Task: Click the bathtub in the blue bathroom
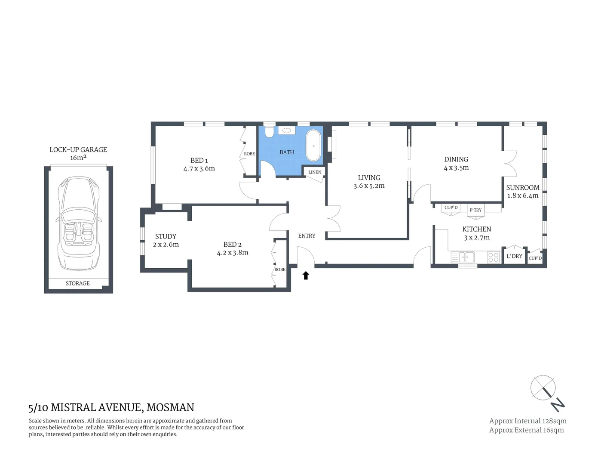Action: pyautogui.click(x=313, y=146)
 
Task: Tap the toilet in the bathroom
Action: pyautogui.click(x=270, y=132)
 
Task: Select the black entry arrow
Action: pyautogui.click(x=306, y=276)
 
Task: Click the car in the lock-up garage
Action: pyautogui.click(x=78, y=223)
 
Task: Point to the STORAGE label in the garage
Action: pyautogui.click(x=78, y=283)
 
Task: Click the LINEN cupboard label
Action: pyautogui.click(x=315, y=172)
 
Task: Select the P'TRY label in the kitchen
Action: pyautogui.click(x=475, y=210)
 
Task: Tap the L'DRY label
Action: pyautogui.click(x=514, y=256)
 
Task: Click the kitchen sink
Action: pyautogui.click(x=463, y=257)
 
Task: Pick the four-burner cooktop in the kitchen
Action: pyautogui.click(x=493, y=257)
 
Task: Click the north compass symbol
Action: pyautogui.click(x=547, y=392)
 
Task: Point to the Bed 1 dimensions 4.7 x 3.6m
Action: pyautogui.click(x=199, y=169)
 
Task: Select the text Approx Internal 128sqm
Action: pyautogui.click(x=527, y=421)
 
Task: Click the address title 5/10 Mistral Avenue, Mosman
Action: pyautogui.click(x=111, y=407)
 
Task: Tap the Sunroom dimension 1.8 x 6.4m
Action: pyautogui.click(x=523, y=196)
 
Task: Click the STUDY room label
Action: pyautogui.click(x=166, y=236)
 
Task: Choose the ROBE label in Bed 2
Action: pyautogui.click(x=280, y=270)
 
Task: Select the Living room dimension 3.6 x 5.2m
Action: pyautogui.click(x=369, y=186)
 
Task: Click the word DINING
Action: pyautogui.click(x=456, y=159)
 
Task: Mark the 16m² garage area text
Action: pyautogui.click(x=78, y=158)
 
